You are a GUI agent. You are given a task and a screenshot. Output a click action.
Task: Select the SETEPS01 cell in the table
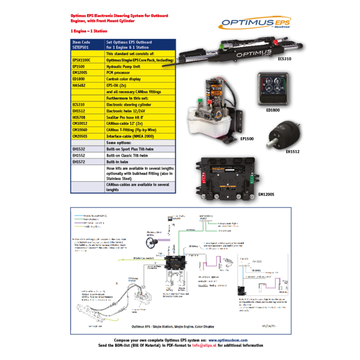point(81,48)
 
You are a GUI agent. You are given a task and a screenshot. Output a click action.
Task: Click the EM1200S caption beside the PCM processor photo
point(266,194)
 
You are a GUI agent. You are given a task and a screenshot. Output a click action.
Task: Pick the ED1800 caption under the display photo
point(273,110)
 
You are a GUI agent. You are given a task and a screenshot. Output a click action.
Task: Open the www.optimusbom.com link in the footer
point(228,340)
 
